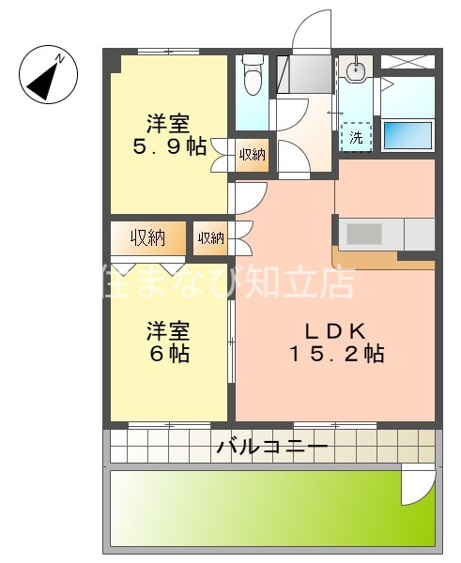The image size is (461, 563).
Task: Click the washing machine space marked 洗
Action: point(356,136)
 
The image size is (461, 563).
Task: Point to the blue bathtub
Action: point(407,133)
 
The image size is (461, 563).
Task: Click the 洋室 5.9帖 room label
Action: point(169,135)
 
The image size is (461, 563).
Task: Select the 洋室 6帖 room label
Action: point(169,342)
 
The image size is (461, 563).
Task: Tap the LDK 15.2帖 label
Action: point(333,342)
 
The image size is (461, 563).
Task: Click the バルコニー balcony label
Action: point(272,446)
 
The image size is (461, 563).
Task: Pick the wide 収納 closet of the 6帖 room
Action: point(148,238)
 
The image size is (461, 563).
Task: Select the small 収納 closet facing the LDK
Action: point(210,238)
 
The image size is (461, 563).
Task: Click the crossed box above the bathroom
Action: point(407,62)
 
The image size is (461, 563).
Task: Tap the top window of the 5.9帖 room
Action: point(168,51)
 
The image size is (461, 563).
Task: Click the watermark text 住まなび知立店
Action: point(225,281)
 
